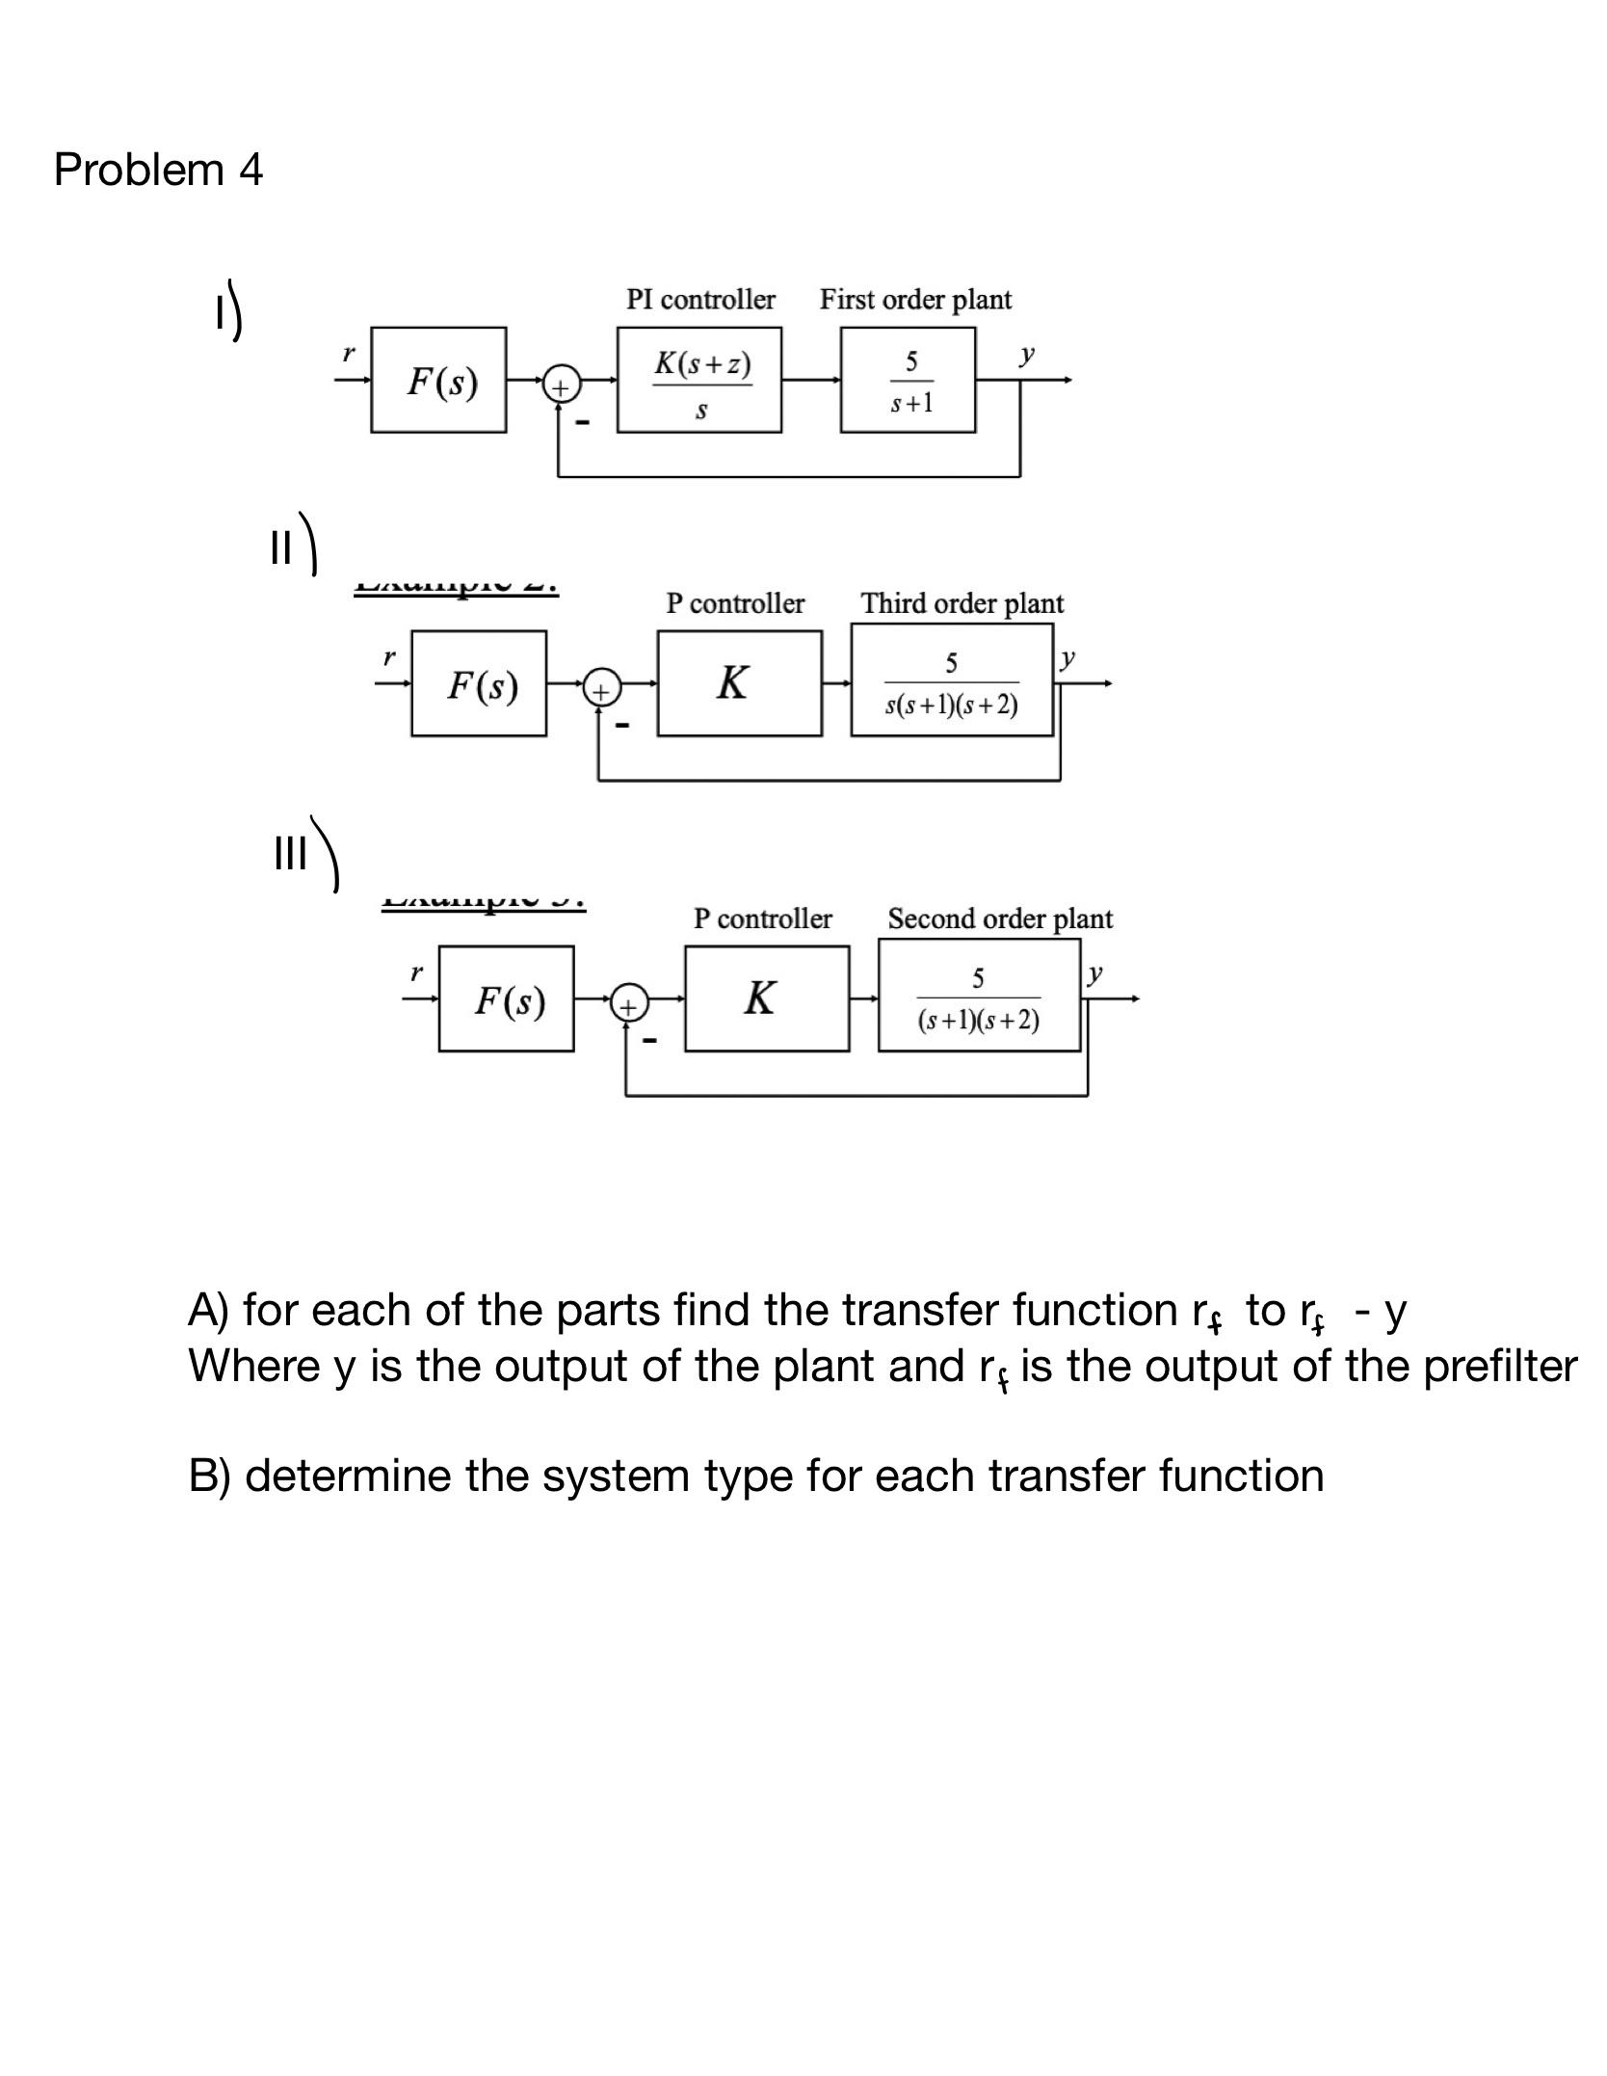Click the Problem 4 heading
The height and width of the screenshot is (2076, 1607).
[x=158, y=170]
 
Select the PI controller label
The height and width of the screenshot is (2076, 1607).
[x=700, y=300]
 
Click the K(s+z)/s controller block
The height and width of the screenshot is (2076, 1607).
[x=699, y=380]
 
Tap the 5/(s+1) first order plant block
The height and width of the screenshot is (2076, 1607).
[x=908, y=380]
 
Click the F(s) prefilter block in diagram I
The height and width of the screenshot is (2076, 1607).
[x=438, y=380]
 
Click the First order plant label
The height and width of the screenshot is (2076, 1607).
[x=915, y=300]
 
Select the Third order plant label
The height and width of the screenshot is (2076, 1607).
[x=962, y=604]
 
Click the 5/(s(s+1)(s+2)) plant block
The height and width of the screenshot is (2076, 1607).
[x=952, y=680]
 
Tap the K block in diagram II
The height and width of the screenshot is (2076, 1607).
[x=740, y=683]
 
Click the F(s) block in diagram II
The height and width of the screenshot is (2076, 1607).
[x=479, y=683]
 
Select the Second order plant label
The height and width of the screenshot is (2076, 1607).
[x=1000, y=919]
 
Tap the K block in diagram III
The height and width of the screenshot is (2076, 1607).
[x=767, y=998]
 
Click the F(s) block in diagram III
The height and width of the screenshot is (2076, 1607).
[x=506, y=998]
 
